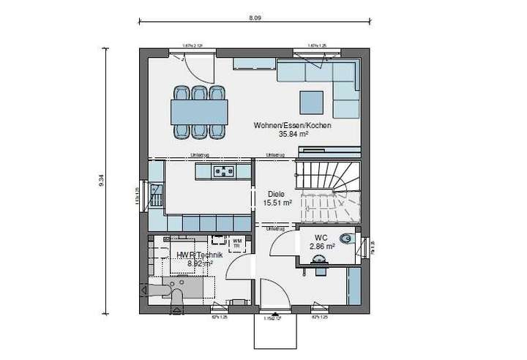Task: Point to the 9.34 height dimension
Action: (102, 181)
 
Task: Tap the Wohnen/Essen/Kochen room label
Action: (292, 126)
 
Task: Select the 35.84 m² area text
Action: (292, 135)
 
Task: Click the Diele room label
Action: (276, 195)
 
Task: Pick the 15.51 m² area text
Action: (278, 203)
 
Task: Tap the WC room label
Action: (321, 239)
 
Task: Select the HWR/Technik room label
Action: (195, 254)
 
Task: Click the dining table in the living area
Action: (198, 112)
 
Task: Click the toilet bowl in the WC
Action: (347, 239)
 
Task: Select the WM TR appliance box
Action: (237, 242)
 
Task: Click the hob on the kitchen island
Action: (223, 172)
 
